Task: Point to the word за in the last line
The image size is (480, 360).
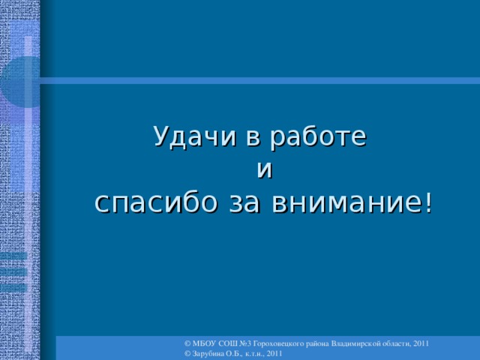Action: (245, 202)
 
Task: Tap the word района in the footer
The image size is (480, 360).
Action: (329, 342)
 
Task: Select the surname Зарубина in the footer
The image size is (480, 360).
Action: (208, 352)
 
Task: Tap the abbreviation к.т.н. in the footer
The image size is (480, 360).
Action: (255, 352)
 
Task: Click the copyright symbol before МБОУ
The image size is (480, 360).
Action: (187, 342)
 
